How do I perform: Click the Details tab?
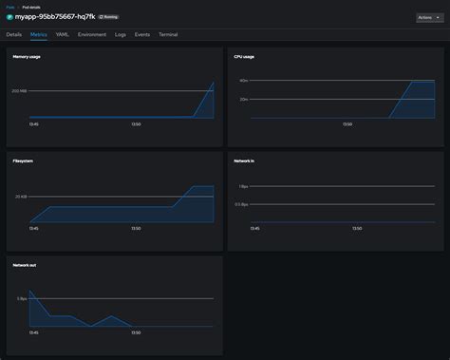point(13,34)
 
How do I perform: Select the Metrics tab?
point(39,34)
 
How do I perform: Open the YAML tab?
point(63,34)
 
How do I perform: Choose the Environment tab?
point(92,34)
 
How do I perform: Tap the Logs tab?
point(121,34)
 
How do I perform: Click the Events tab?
point(142,34)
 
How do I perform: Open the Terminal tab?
point(168,34)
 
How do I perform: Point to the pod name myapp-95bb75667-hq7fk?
point(55,17)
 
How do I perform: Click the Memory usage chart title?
point(27,57)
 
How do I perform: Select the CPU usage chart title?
point(246,57)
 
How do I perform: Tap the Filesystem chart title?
point(23,161)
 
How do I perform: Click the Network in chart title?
point(244,161)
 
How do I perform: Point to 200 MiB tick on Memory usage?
point(20,91)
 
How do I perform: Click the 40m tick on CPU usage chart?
point(243,81)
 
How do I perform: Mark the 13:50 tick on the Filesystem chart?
point(136,228)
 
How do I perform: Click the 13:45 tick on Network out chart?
point(34,332)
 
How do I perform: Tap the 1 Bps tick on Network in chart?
point(243,186)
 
